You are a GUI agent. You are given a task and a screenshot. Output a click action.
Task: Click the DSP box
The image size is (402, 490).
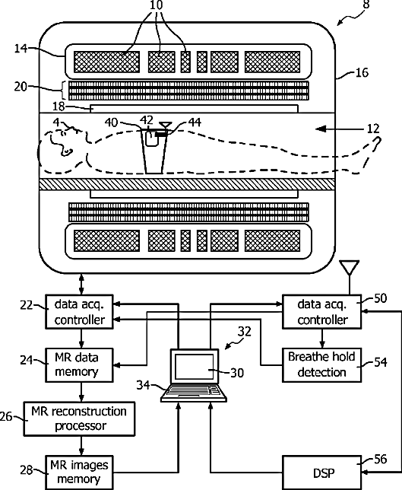321,473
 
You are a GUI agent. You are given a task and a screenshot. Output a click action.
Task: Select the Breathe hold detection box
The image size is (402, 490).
321,364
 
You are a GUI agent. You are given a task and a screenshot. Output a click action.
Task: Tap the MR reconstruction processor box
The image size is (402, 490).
80,418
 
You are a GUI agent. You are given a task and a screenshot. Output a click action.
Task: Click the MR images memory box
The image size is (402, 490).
79,473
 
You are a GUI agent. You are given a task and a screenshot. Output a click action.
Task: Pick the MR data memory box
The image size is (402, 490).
79,365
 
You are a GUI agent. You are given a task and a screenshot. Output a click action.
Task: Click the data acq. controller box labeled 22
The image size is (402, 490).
79,311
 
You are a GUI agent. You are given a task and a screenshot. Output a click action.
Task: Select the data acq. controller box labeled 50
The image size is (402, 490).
321,311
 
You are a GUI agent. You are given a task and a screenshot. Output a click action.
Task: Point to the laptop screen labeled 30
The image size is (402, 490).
194,367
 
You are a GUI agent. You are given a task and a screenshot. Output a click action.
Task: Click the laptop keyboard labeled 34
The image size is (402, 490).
194,393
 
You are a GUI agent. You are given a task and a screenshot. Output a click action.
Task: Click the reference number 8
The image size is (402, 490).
366,5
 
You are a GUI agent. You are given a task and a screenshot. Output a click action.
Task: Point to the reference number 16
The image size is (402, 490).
362,72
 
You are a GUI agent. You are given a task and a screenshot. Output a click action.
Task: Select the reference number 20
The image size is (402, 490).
21,87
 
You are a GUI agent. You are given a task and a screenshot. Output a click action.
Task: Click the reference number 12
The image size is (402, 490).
373,129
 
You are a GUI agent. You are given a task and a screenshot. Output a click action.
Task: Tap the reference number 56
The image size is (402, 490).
380,459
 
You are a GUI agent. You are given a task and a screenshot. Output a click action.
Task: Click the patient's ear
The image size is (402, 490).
67,152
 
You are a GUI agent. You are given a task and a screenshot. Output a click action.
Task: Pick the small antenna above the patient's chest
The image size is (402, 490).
165,126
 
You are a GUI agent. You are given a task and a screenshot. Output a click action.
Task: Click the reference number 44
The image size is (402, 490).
195,122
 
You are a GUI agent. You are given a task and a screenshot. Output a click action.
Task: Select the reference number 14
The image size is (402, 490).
21,49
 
